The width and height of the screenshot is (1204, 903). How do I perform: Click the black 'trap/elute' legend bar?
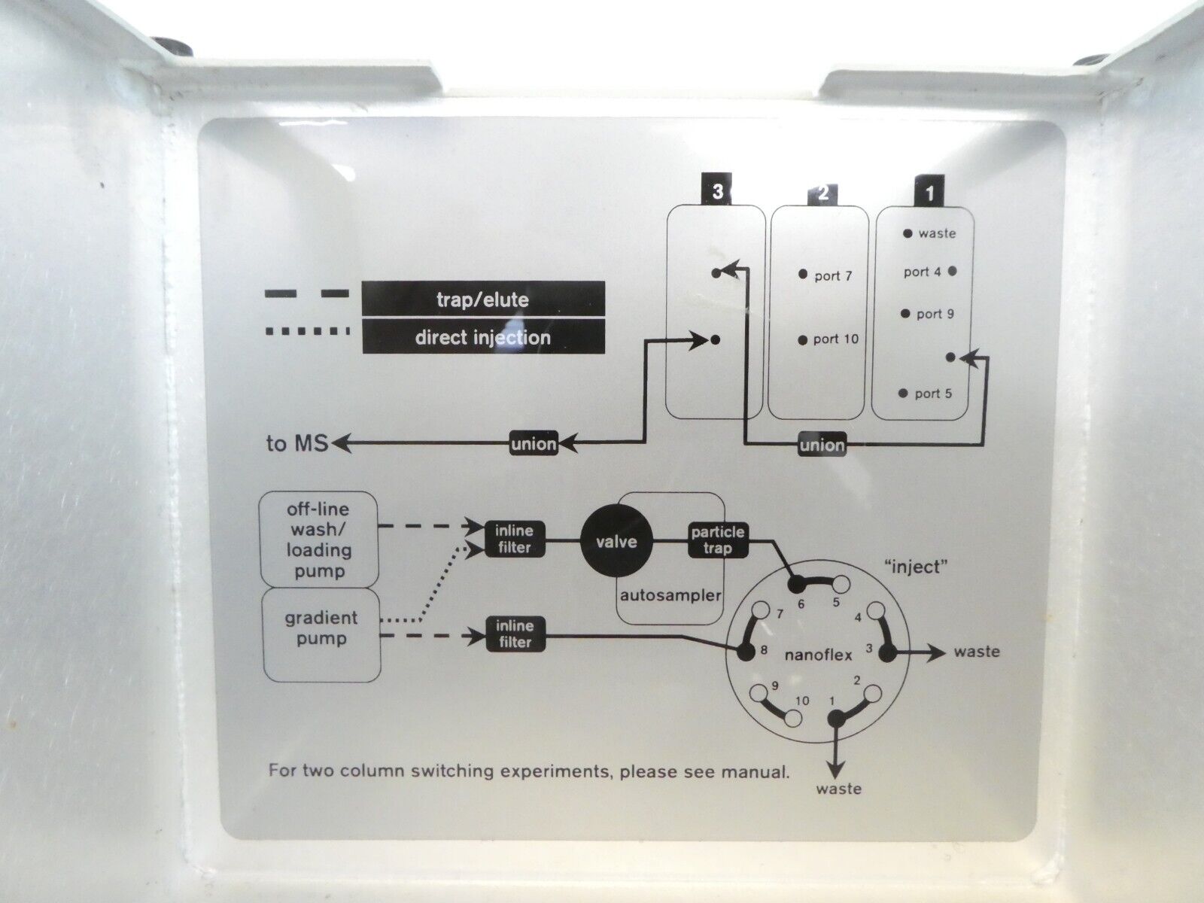coord(483,299)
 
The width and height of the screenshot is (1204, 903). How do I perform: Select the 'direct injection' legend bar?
coord(483,337)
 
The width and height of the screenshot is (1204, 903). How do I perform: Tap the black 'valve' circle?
coord(617,541)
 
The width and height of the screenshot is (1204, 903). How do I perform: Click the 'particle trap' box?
coord(718,540)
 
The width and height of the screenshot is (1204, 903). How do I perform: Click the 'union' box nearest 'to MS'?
coord(534,444)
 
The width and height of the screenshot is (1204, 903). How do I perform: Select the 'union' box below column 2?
coord(822,445)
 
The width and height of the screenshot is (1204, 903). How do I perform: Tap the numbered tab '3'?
coord(717,192)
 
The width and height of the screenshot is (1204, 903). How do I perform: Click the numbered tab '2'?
coord(822,193)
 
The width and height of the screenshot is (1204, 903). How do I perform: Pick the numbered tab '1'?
coord(929,193)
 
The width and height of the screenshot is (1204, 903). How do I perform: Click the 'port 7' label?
coord(833,275)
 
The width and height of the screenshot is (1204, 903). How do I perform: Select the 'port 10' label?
coord(835,339)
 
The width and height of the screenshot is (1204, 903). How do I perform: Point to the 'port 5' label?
coord(933,394)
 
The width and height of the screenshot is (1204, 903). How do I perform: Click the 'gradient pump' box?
coord(321,629)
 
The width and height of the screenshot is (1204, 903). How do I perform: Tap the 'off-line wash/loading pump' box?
coord(319,538)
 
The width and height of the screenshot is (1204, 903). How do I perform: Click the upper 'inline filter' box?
coord(514,540)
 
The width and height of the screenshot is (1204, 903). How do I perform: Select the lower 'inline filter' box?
coord(514,634)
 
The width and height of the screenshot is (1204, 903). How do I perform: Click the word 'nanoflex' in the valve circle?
coord(818,655)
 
